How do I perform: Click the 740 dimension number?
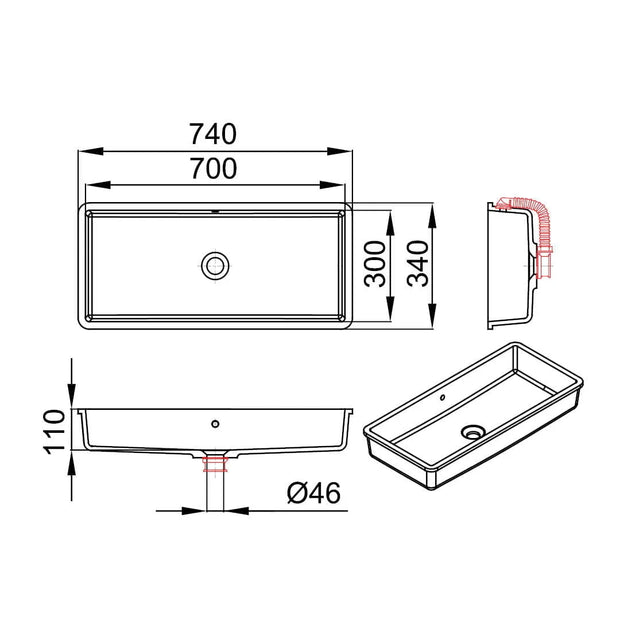(x=213, y=134)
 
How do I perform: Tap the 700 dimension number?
(x=214, y=168)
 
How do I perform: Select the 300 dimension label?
(x=375, y=264)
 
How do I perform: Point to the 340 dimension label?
(x=418, y=264)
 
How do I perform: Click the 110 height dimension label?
(x=54, y=432)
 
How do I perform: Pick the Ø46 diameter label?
(x=314, y=493)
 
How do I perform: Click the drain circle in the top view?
(x=215, y=265)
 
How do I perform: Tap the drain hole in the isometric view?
(x=473, y=432)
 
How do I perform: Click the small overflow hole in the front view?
(x=215, y=424)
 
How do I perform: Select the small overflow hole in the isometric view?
(x=442, y=397)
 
